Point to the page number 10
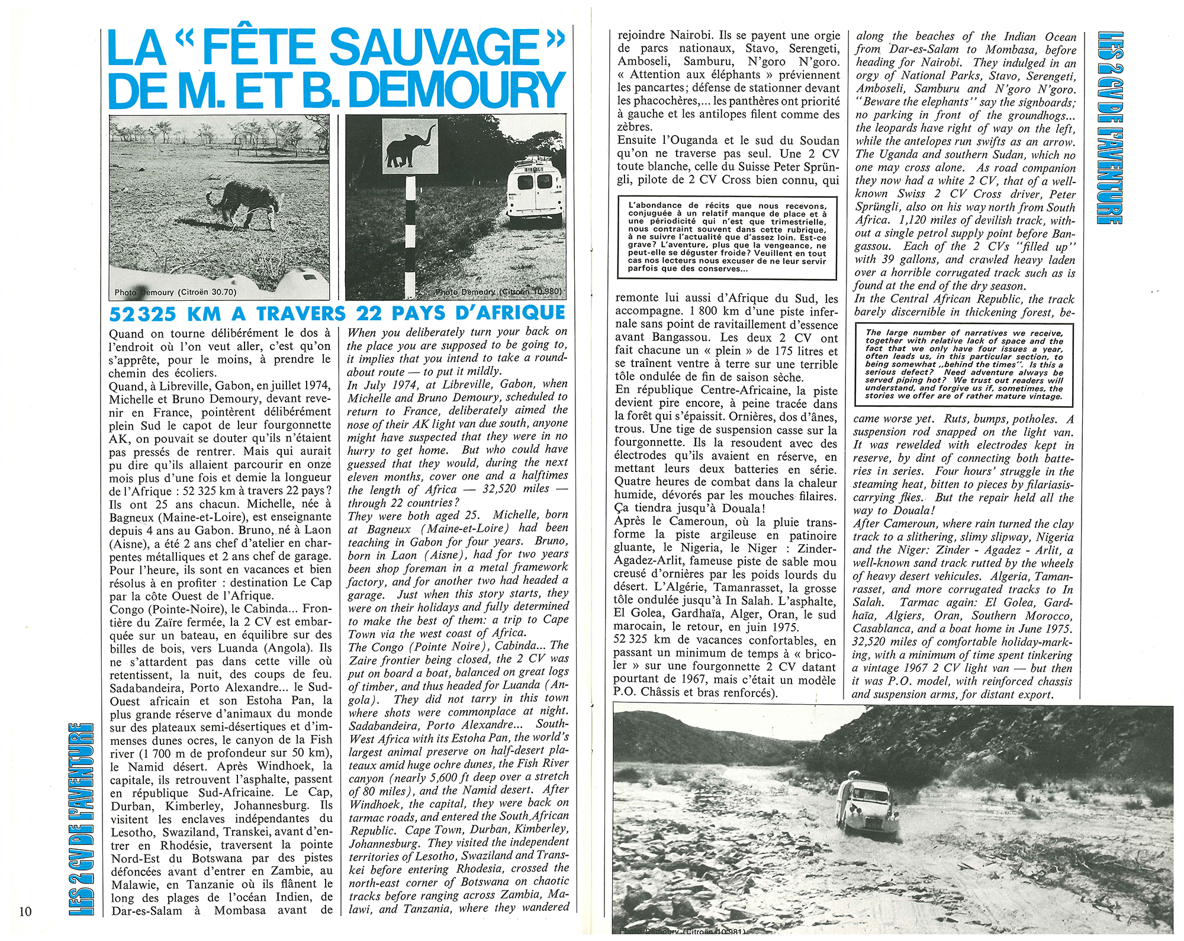pyautogui.click(x=25, y=911)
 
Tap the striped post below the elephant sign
pyautogui.click(x=410, y=237)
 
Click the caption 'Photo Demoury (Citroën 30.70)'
pyautogui.click(x=175, y=292)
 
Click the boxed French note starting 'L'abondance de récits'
pyautogui.click(x=727, y=237)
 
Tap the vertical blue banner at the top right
pyautogui.click(x=1109, y=127)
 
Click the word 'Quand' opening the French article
pyautogui.click(x=127, y=333)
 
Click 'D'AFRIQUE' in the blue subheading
pyautogui.click(x=510, y=313)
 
